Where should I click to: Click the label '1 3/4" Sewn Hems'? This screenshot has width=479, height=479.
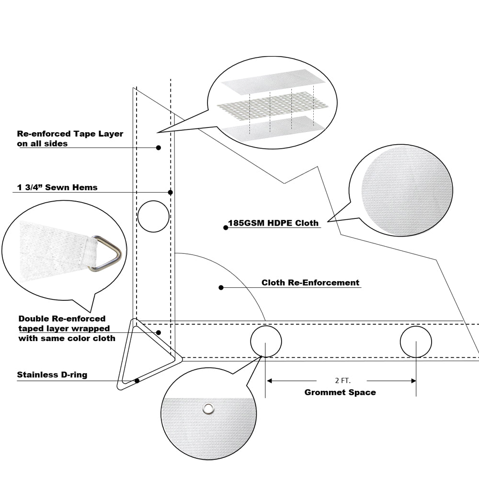(x=57, y=187)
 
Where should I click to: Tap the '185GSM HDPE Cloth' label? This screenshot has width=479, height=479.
(x=273, y=223)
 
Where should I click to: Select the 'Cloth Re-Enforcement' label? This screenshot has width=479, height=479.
(x=310, y=283)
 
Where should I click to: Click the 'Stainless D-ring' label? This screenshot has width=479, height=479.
(x=52, y=375)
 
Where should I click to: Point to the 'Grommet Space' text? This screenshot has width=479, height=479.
(x=340, y=392)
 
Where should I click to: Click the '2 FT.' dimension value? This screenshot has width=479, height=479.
(x=342, y=381)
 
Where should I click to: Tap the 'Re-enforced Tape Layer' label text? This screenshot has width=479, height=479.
(x=70, y=134)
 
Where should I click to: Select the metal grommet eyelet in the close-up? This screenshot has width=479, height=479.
(x=208, y=408)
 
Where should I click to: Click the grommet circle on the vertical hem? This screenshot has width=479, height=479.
(x=153, y=216)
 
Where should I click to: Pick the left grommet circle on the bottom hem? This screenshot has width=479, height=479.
(x=266, y=341)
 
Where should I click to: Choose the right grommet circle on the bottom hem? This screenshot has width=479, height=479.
(x=416, y=342)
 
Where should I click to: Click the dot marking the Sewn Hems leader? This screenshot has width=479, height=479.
(x=170, y=192)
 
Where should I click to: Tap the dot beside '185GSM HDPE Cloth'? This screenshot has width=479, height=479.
(x=226, y=228)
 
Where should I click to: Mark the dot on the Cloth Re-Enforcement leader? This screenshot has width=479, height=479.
(x=221, y=287)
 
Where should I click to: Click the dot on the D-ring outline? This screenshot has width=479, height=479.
(x=137, y=381)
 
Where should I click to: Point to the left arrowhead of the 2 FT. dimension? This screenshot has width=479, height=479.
(x=269, y=381)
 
